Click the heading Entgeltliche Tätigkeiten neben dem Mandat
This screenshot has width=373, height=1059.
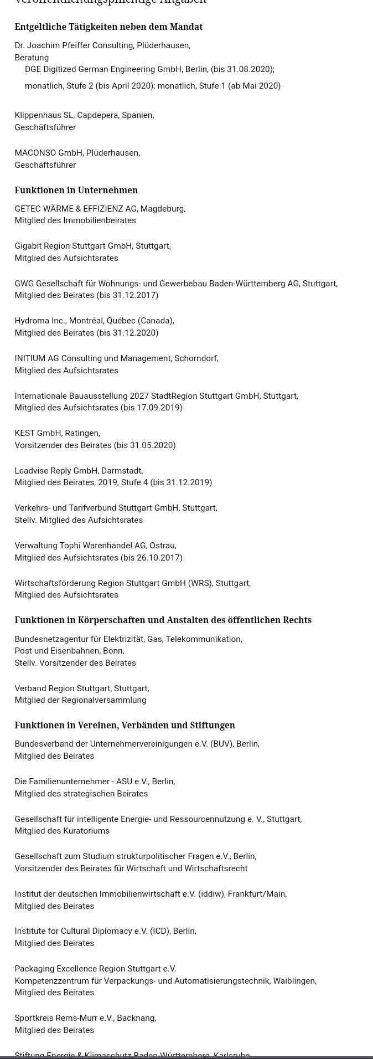click(x=108, y=27)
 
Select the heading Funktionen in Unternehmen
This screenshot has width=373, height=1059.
click(x=76, y=190)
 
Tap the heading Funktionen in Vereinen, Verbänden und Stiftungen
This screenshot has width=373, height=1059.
click(x=125, y=725)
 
